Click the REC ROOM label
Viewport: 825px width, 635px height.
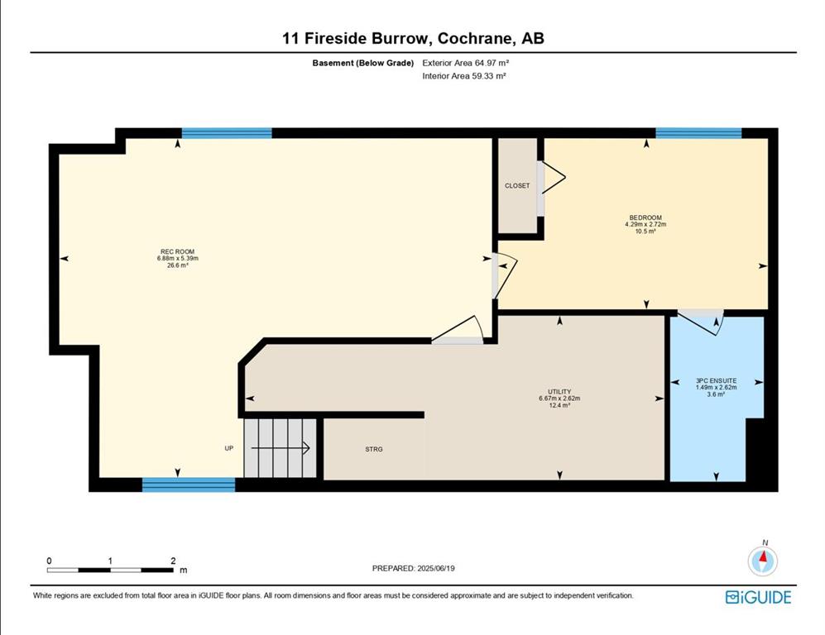[177, 252]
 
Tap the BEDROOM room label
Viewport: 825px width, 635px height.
[645, 217]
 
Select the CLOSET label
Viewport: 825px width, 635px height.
[517, 185]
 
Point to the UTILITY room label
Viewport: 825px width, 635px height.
[559, 392]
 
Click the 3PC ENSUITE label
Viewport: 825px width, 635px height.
[716, 380]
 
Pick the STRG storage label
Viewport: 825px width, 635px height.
[374, 450]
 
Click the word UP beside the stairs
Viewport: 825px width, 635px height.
[229, 448]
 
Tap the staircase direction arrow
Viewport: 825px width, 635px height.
[280, 448]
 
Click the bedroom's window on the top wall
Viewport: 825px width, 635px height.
[698, 133]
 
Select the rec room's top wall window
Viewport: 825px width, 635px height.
[227, 133]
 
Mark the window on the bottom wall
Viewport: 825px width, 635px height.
[189, 485]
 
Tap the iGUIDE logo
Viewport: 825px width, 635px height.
[758, 597]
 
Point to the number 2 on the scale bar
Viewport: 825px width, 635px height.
[173, 561]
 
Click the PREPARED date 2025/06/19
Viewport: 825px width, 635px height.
[436, 568]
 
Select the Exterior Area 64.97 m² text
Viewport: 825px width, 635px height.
[466, 63]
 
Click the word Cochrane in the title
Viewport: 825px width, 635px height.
[476, 38]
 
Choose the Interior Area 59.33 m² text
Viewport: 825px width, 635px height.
[464, 76]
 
